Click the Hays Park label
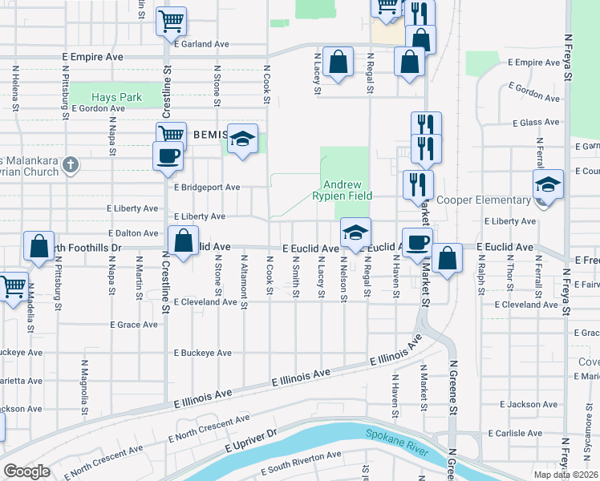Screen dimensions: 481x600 [116, 97]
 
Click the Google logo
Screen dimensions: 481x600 [26, 471]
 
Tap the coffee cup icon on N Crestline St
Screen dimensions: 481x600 [168, 156]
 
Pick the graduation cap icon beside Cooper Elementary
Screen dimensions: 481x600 [548, 184]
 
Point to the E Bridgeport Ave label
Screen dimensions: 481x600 [207, 188]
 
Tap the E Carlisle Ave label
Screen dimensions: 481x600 [514, 433]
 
